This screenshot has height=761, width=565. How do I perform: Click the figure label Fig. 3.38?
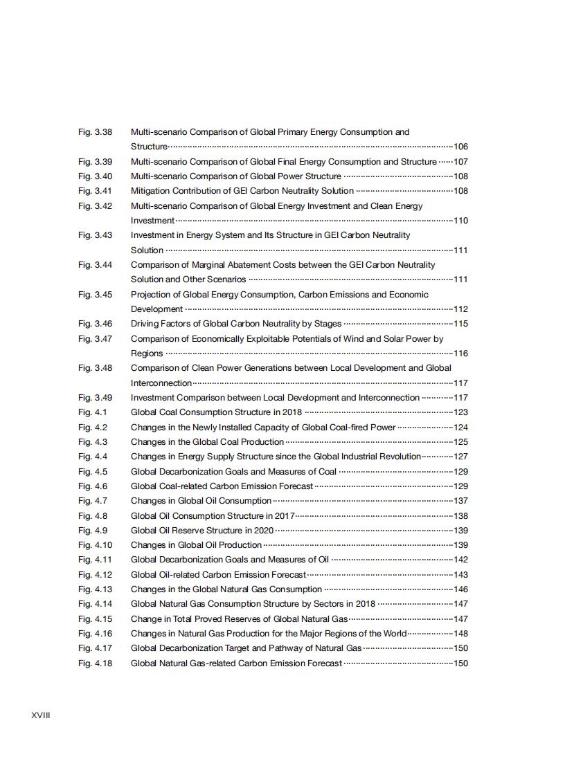point(95,132)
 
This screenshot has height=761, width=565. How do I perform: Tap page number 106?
point(460,147)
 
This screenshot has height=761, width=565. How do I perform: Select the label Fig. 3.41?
point(95,191)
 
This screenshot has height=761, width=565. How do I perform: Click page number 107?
point(460,162)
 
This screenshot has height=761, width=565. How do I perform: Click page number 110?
point(460,221)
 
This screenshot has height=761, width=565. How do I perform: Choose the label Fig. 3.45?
point(95,295)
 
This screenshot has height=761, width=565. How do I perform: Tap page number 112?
point(460,309)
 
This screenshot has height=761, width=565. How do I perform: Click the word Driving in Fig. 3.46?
point(145,324)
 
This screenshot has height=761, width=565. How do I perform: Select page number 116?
point(460,354)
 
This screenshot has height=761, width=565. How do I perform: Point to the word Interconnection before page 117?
point(161,383)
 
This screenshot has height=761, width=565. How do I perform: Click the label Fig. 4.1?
point(93,412)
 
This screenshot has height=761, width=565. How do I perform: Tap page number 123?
point(460,412)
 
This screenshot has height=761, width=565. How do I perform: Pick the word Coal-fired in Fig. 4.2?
point(350,428)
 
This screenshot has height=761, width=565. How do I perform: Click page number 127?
point(460,457)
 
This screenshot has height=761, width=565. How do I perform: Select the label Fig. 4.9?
point(93,531)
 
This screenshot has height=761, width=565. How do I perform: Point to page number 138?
point(460,516)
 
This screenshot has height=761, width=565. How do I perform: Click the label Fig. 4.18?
point(95,663)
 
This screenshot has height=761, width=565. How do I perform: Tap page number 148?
point(460,634)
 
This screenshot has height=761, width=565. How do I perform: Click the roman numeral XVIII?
point(41,715)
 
